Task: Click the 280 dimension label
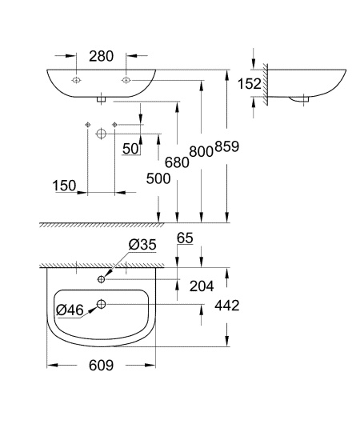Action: [102, 56]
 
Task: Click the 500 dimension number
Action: [158, 179]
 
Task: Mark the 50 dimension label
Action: [130, 149]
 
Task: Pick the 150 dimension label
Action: [65, 186]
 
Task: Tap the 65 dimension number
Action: [185, 238]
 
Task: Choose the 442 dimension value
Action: [227, 305]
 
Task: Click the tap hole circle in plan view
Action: [102, 279]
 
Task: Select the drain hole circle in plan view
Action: [102, 303]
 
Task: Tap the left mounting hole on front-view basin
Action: [76, 82]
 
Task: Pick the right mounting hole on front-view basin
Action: [126, 82]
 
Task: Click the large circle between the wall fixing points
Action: [102, 133]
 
